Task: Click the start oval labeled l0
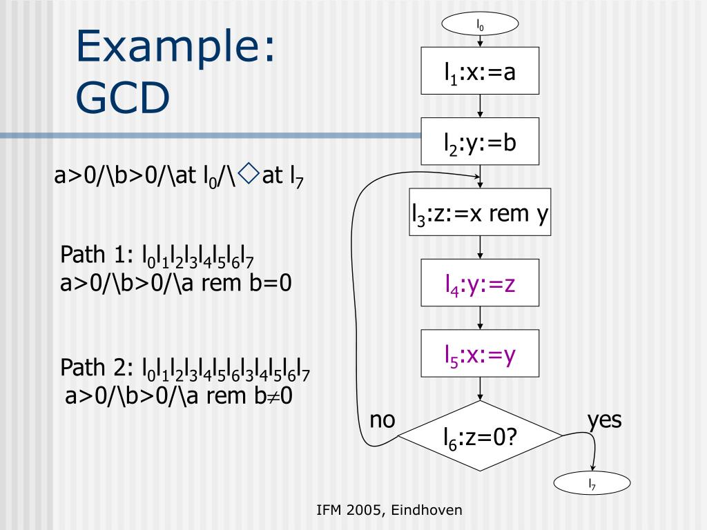480,26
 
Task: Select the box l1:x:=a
480,71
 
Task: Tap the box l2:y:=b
480,142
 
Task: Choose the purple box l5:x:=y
480,355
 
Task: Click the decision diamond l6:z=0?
481,436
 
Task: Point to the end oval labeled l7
592,484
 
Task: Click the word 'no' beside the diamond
382,420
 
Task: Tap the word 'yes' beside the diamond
604,420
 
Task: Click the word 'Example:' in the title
176,48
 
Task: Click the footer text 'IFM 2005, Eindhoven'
389,510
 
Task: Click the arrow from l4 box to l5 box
480,318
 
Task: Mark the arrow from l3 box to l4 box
480,247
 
